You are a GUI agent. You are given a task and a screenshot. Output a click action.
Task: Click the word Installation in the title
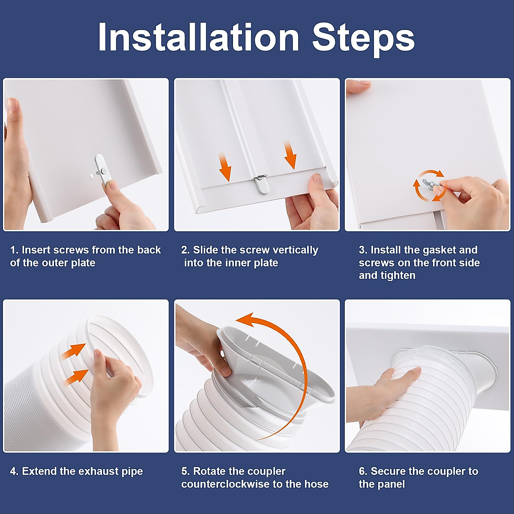click(x=199, y=37)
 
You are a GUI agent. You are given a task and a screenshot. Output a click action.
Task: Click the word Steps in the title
click(x=363, y=40)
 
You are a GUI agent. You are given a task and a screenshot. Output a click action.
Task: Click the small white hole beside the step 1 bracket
click(x=92, y=176)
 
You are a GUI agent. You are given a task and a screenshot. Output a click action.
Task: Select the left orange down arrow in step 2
click(x=225, y=167)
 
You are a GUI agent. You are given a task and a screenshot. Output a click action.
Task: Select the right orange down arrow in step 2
click(x=290, y=155)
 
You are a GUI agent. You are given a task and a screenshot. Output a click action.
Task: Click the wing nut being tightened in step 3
click(x=428, y=184)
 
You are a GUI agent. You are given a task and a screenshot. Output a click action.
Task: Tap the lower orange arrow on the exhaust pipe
click(x=75, y=377)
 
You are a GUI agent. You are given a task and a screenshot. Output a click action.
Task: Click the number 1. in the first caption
click(x=15, y=250)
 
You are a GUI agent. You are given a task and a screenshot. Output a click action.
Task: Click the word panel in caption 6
click(x=392, y=484)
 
